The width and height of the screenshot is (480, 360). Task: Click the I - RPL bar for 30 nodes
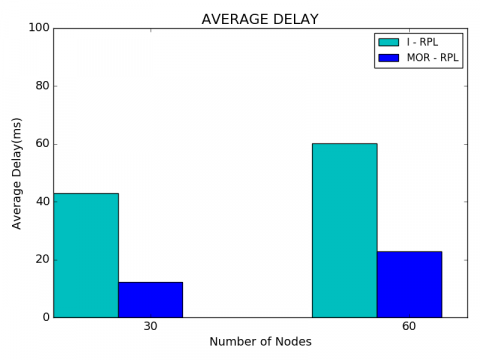point(86,255)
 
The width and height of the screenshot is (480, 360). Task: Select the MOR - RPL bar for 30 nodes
point(150,299)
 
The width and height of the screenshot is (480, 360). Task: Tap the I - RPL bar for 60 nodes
point(344,230)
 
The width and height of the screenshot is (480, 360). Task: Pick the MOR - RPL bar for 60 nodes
point(409,284)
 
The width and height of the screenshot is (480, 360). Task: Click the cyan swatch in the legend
point(388,42)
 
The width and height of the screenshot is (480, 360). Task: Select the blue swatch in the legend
point(388,58)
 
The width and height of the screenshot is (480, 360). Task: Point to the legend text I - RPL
point(424,42)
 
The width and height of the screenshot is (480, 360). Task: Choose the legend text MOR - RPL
point(432,58)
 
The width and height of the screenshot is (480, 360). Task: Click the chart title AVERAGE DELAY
point(260,19)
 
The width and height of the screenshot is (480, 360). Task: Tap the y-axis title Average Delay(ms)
point(17,172)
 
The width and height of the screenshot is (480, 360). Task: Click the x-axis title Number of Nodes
point(260,342)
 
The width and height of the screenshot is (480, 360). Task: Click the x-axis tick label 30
point(150,327)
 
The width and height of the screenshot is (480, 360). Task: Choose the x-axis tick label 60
point(409,327)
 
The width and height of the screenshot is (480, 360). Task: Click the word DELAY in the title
point(295,19)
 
